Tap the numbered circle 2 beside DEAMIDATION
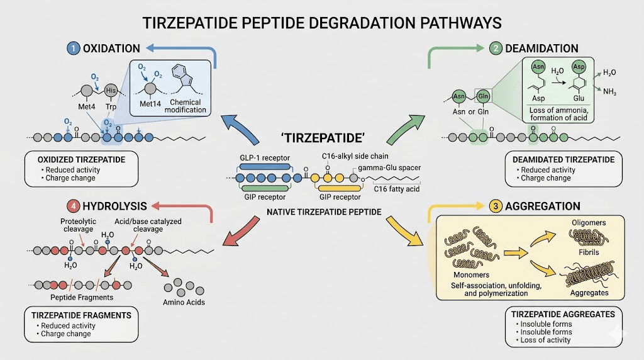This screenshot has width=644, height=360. tap(496, 48)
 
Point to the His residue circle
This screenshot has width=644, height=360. tap(111, 90)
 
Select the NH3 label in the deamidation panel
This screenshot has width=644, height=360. tap(609, 93)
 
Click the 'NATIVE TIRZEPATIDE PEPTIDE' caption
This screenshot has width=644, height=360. tap(325, 212)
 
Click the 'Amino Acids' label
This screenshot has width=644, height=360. tap(184, 302)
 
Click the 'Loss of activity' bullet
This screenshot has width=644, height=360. tap(543, 340)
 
